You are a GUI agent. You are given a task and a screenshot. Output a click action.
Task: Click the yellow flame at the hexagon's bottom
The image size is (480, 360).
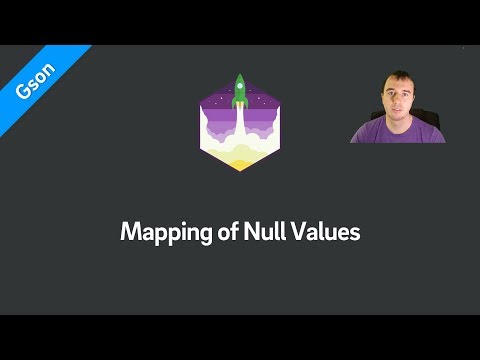tap(239, 159)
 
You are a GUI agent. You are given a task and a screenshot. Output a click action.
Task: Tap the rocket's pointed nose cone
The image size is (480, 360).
tap(239, 76)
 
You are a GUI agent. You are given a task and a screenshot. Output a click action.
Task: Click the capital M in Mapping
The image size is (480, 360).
tap(129, 232)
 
